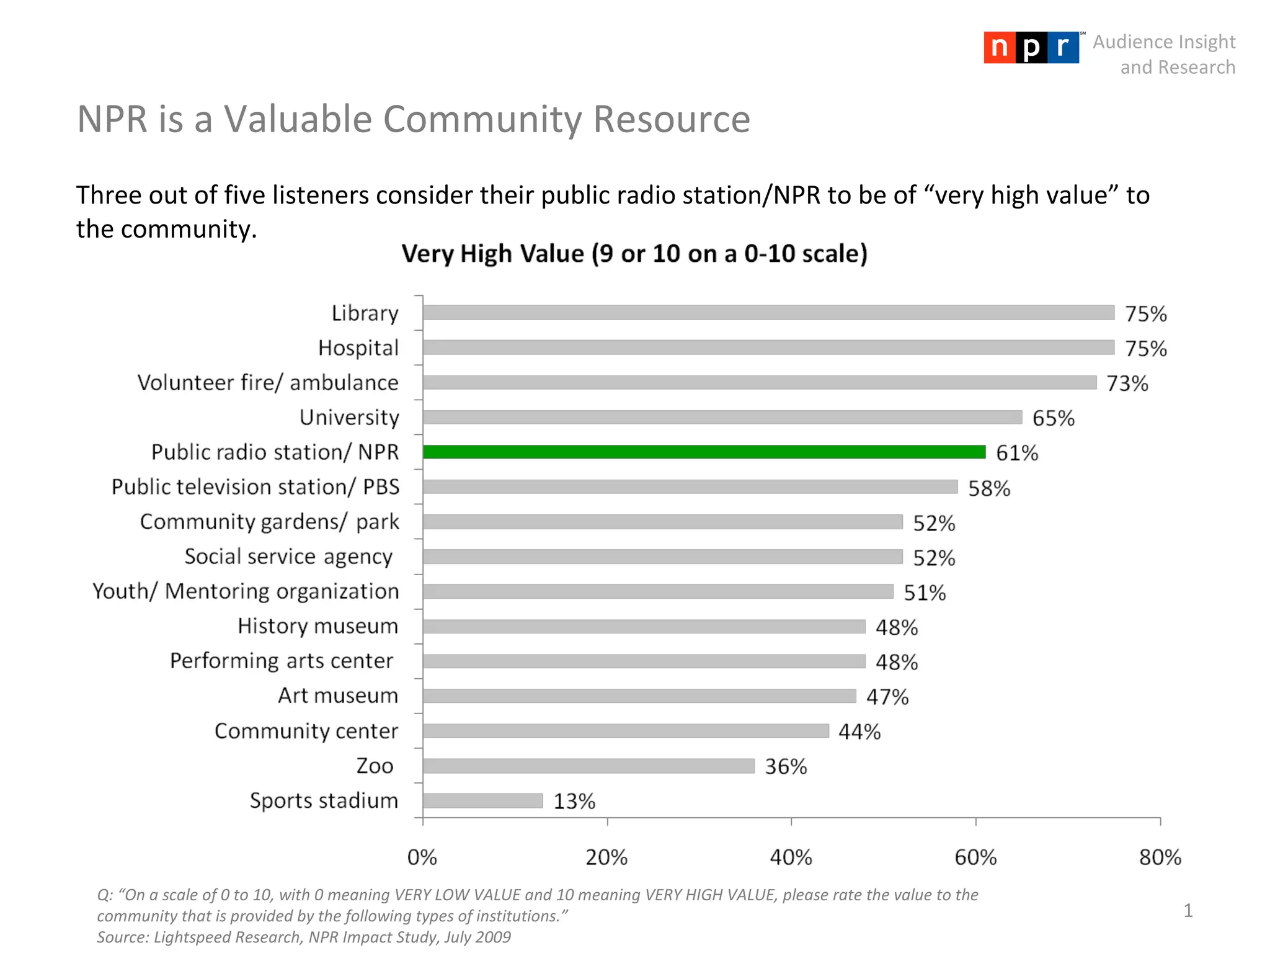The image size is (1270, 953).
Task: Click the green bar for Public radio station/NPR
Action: (704, 452)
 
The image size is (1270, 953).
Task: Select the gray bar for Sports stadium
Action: (483, 800)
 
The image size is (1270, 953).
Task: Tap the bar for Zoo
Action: (588, 766)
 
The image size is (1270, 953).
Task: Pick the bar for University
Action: (722, 417)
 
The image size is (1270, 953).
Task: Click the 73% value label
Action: (1127, 383)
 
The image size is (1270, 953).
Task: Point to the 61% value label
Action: (1017, 453)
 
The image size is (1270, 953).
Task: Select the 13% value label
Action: (574, 801)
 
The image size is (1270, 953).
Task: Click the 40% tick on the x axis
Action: (791, 857)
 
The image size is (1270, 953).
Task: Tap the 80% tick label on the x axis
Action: (1160, 857)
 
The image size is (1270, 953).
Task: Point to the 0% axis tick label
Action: (422, 857)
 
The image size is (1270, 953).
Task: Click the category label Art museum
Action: (338, 696)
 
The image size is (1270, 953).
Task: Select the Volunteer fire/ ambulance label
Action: (268, 383)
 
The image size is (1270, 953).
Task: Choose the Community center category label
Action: (306, 731)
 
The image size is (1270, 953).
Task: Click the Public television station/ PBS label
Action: (255, 487)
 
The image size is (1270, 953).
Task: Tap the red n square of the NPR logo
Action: (999, 48)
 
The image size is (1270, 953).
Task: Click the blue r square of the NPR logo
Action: (1063, 48)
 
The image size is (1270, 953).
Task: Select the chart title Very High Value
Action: (634, 254)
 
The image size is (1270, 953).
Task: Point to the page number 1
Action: (1188, 910)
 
